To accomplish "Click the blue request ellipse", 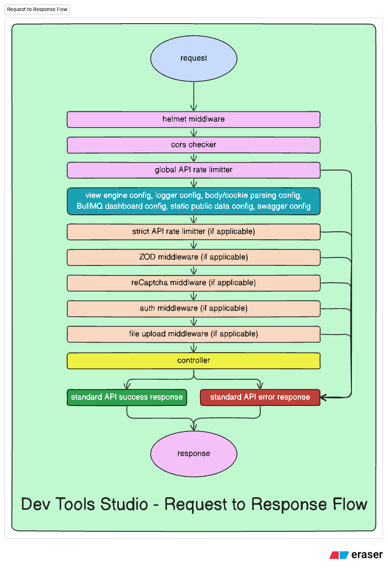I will coord(193,59).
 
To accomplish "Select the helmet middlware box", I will coord(193,119).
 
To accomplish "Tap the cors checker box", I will coord(193,145).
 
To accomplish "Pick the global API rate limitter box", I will coord(193,170).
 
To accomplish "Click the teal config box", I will coord(193,201).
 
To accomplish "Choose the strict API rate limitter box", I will coord(193,232).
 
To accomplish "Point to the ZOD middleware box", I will coord(193,257).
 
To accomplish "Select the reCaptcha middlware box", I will coord(193,283).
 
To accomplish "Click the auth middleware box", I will coord(193,309).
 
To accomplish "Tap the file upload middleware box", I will coord(193,334).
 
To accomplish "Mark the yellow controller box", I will coord(193,361).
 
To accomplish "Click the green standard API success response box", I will coord(127,397).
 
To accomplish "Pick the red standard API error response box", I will coord(260,397).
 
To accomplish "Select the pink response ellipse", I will coord(193,454).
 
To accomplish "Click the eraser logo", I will coord(356,555).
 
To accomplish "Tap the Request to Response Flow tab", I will coord(37,10).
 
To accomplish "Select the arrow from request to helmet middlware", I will coord(193,96).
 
